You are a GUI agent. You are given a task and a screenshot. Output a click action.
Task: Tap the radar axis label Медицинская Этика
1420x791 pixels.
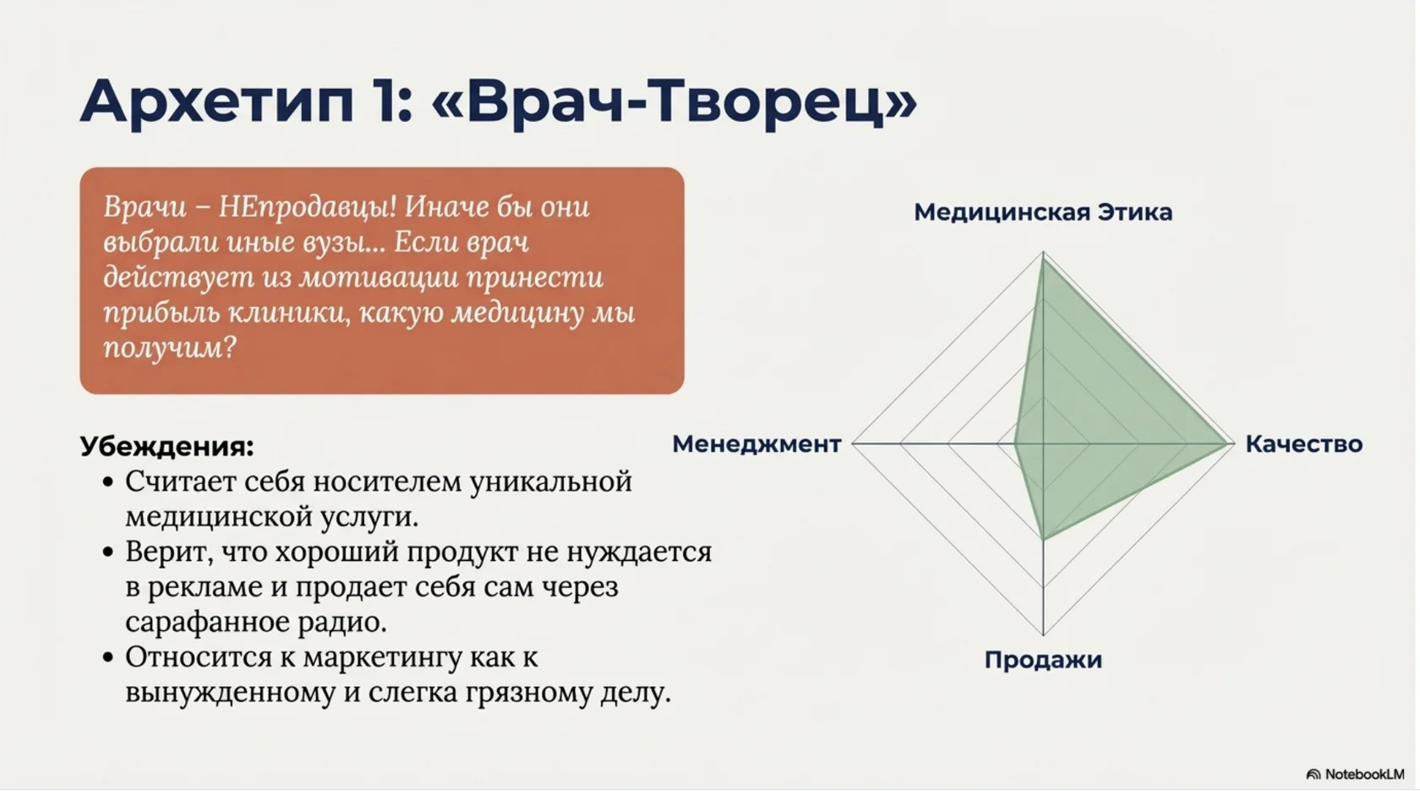1042,212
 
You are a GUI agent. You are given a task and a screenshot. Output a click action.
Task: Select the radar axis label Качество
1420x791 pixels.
1303,444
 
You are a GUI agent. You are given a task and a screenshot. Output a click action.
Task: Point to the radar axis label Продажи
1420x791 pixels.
1042,660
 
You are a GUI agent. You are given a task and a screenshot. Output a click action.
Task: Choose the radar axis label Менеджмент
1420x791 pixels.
756,444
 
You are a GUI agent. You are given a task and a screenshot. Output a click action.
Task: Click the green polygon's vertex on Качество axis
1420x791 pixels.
1226,442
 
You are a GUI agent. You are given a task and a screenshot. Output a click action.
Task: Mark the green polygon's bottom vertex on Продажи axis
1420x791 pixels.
1043,539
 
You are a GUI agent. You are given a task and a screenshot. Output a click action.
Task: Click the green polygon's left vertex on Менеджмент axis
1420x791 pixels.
1014,442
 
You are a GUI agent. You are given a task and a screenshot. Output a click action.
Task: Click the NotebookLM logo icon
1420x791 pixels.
1313,774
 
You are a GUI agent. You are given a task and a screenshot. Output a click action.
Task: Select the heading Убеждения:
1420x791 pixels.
167,447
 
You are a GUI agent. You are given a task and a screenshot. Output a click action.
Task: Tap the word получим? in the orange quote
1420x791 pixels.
169,348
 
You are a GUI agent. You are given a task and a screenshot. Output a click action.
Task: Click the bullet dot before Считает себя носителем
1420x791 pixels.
107,482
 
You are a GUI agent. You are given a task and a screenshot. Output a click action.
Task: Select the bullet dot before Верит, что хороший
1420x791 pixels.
107,552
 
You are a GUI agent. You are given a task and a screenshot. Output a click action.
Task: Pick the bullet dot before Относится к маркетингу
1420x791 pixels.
107,657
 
